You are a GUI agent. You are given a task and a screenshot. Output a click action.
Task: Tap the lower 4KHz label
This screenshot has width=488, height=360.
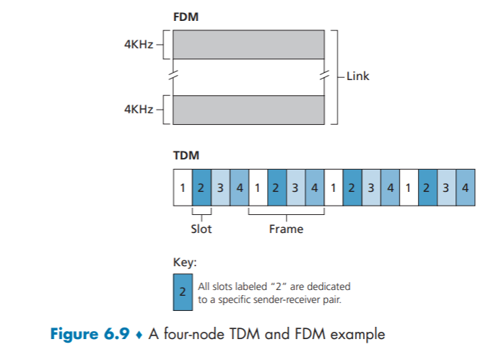tap(139, 110)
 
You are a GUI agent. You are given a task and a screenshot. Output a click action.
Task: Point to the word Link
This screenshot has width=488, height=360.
tap(357, 75)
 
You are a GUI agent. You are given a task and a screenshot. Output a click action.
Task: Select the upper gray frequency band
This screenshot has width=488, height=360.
tap(248, 45)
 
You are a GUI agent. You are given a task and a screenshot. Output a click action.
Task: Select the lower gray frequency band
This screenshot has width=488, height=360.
tap(248, 110)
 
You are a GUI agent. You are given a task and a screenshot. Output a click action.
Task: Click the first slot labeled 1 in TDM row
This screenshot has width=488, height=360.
tap(183, 188)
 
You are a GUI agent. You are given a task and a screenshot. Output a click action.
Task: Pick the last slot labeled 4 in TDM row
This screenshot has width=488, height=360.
tap(466, 188)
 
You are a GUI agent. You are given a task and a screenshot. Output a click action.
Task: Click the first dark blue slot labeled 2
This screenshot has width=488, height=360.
tap(201, 188)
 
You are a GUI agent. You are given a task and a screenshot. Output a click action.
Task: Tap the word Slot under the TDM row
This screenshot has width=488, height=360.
tap(201, 229)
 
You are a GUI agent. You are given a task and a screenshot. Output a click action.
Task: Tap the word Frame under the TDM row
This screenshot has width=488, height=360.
tap(286, 229)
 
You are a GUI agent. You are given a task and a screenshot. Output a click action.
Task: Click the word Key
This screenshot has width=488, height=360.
tap(183, 262)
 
